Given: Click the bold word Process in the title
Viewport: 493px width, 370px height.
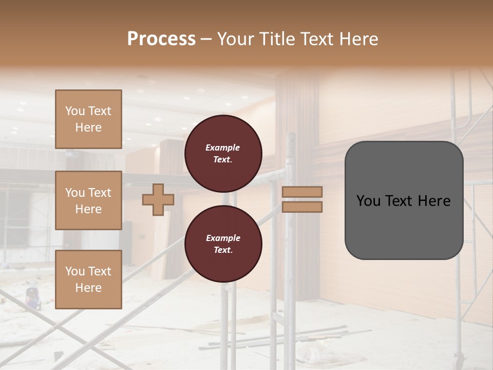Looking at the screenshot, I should (161, 39).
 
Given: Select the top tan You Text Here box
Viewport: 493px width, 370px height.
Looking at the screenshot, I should (88, 119).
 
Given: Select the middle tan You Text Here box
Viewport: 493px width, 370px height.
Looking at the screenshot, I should (88, 200).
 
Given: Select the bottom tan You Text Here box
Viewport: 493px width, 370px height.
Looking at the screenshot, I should (88, 279).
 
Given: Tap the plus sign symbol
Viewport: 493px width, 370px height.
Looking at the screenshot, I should (158, 200).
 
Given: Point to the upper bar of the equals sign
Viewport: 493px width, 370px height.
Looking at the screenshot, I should (302, 192).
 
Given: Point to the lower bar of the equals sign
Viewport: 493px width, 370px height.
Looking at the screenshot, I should (302, 207).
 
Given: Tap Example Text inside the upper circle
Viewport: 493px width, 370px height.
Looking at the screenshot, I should (223, 153).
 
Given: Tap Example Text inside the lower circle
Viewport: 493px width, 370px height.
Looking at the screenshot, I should (223, 244).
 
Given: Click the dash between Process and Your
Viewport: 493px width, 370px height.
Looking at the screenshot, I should (206, 40).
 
